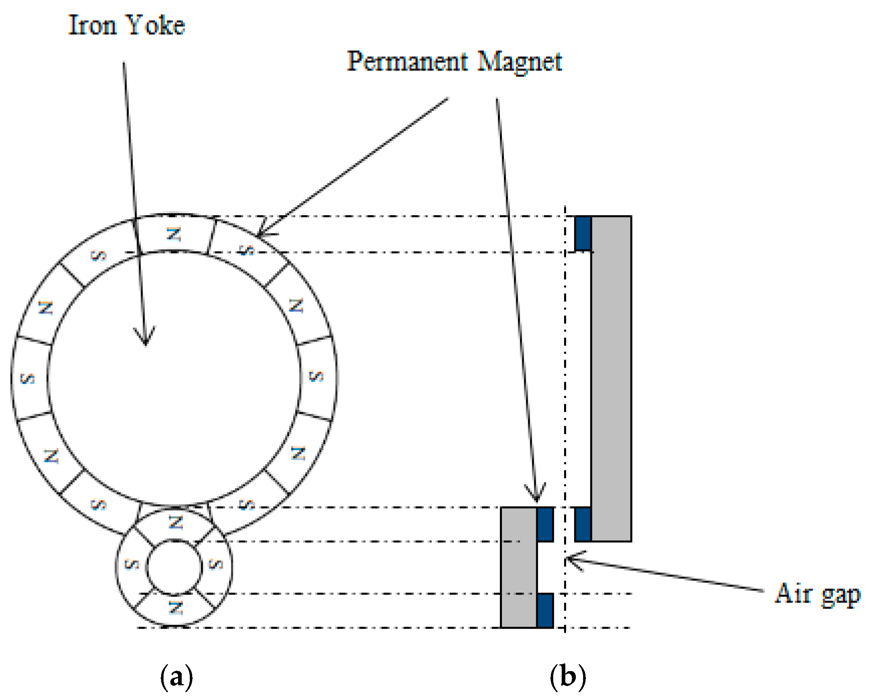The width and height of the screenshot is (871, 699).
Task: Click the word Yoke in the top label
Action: (x=155, y=25)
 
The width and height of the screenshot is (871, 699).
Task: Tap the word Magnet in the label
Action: (x=520, y=62)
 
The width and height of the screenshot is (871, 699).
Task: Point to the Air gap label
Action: (x=817, y=594)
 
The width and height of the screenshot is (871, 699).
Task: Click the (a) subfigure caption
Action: (x=176, y=676)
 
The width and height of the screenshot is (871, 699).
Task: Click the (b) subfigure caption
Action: (x=568, y=676)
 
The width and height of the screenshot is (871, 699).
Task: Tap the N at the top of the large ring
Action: (x=174, y=234)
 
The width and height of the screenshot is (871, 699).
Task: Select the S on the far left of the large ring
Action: (x=28, y=379)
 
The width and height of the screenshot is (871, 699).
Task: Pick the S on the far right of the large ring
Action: (x=316, y=376)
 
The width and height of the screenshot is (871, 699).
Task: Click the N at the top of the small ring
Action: (x=176, y=523)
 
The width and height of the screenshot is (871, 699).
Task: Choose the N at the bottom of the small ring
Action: (x=176, y=607)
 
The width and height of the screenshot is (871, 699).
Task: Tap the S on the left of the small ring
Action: (x=132, y=564)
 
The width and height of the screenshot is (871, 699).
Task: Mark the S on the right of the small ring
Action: (x=216, y=564)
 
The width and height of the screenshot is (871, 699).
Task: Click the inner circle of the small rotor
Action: (x=174, y=567)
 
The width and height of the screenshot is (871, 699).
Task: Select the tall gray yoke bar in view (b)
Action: (x=611, y=379)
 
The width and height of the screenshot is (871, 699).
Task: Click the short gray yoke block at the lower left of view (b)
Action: (x=519, y=567)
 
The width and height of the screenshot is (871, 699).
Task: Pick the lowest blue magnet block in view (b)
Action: (x=545, y=610)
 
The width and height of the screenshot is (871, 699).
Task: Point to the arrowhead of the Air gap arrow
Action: (x=567, y=559)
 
